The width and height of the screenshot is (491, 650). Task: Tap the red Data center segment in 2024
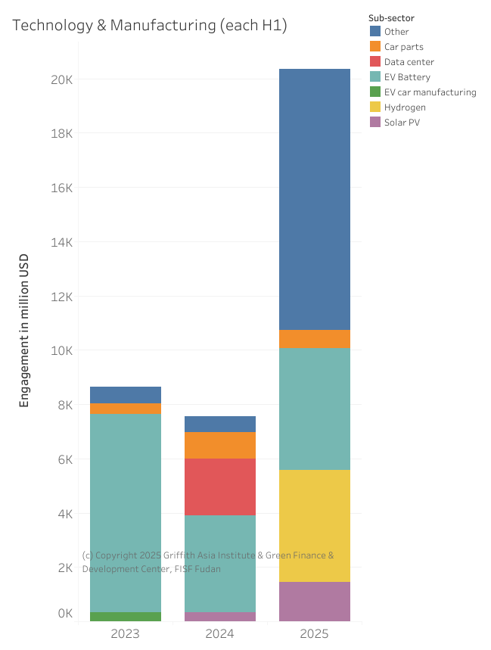[220, 487]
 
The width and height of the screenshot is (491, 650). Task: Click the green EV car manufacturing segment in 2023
[126, 616]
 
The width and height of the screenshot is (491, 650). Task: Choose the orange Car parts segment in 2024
[220, 445]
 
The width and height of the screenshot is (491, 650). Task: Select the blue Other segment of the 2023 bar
[126, 394]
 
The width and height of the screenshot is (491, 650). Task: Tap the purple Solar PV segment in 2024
[220, 616]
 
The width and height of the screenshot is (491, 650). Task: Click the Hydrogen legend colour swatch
[375, 107]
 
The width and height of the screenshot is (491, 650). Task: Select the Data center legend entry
[409, 62]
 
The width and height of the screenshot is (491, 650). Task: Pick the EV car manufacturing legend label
[430, 92]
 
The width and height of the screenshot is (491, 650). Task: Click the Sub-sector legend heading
[391, 17]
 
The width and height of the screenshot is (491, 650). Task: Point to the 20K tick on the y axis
[61, 79]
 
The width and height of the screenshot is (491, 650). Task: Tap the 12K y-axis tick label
[61, 297]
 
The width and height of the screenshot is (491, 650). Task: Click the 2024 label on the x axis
[220, 633]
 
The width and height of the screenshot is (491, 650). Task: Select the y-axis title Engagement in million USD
[24, 331]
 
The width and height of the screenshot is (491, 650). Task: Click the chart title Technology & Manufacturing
[150, 25]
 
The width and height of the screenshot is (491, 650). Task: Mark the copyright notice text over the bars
[207, 561]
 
